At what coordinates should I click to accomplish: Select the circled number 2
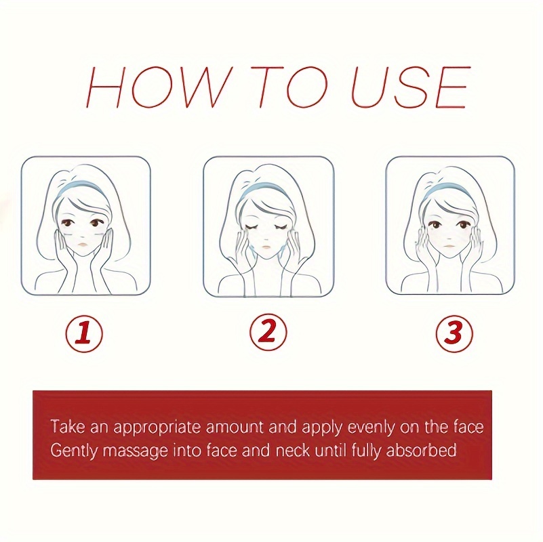[268, 332]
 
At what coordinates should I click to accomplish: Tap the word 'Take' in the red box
[68, 426]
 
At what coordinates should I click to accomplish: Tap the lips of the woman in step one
[81, 244]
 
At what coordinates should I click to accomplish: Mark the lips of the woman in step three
[448, 246]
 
